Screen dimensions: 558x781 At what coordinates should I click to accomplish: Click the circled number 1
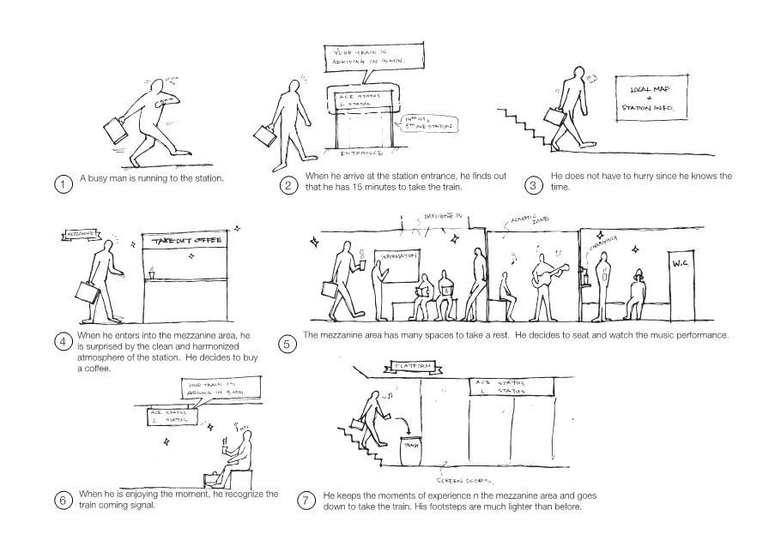pyautogui.click(x=62, y=184)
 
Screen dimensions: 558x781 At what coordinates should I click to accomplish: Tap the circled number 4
pyautogui.click(x=62, y=342)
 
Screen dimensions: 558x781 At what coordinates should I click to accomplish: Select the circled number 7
pyautogui.click(x=306, y=501)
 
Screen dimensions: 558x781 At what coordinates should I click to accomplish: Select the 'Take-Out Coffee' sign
pyautogui.click(x=187, y=241)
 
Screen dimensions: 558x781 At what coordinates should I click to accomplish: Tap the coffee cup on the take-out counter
pyautogui.click(x=151, y=273)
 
